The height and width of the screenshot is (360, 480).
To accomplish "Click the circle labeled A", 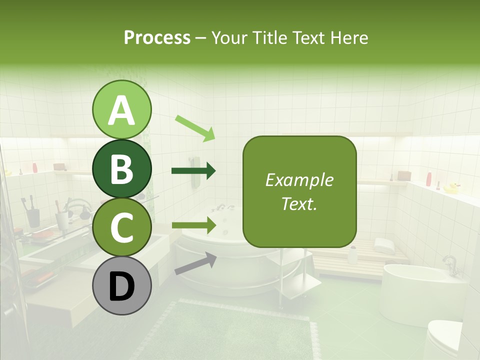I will click(x=121, y=109).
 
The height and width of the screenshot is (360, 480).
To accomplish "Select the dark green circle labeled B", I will click(x=121, y=168).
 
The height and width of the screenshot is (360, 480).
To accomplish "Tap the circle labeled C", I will click(x=121, y=227).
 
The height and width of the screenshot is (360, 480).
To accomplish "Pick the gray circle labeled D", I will click(x=121, y=285).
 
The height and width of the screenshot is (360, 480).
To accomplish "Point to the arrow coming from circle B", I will click(x=193, y=171).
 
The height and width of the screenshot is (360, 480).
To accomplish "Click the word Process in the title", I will click(x=157, y=37).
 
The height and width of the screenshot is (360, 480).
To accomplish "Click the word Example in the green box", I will click(x=299, y=180).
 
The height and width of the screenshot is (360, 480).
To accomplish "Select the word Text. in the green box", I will click(x=299, y=204).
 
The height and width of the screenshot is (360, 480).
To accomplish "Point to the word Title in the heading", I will click(x=270, y=37).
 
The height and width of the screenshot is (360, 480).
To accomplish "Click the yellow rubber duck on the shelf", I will click(x=451, y=188).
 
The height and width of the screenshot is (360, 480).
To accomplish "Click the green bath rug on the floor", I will click(x=240, y=330).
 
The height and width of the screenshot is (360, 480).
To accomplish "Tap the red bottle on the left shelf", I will click(x=35, y=167).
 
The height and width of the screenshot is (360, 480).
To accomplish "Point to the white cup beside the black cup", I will click(x=62, y=219).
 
